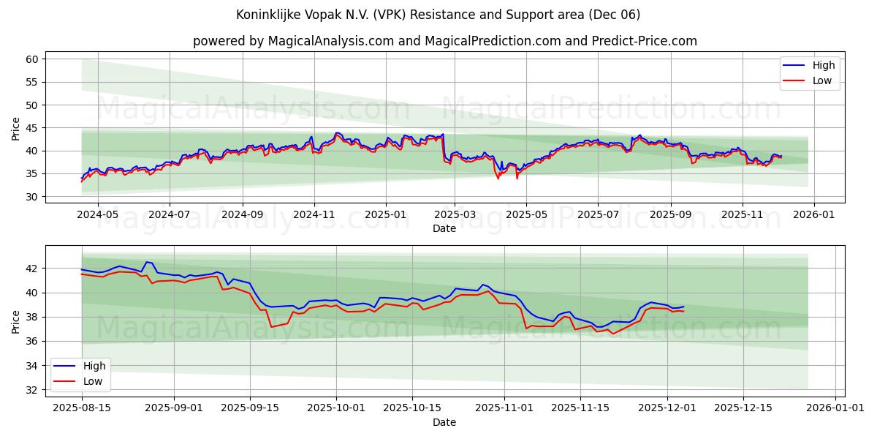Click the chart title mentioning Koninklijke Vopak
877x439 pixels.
(x=438, y=15)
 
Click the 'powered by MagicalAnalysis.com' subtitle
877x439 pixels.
(x=444, y=41)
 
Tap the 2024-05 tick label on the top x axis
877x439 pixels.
(x=97, y=214)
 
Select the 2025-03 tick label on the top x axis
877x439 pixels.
(x=455, y=214)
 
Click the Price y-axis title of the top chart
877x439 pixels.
(x=16, y=128)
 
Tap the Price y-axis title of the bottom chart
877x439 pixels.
(x=16, y=321)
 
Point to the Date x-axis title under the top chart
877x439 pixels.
(x=444, y=228)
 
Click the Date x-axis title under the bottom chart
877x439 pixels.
(x=444, y=422)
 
